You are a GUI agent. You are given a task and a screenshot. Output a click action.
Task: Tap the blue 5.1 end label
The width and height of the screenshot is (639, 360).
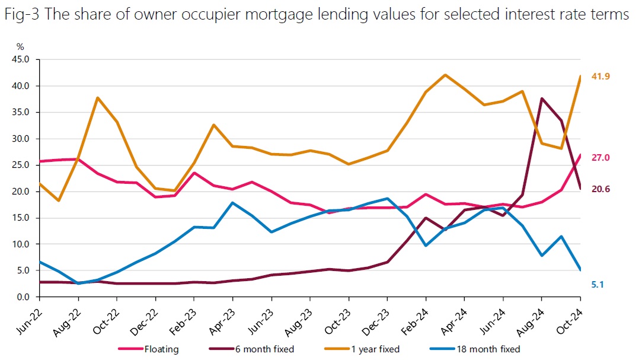(597, 285)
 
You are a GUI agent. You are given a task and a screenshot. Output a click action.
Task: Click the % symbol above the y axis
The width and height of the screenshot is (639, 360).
(20, 46)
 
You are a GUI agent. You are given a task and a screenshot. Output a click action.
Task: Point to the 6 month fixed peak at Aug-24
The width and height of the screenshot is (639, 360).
(542, 98)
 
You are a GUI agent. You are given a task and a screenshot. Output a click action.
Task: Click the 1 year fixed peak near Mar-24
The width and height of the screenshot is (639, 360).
(445, 75)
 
